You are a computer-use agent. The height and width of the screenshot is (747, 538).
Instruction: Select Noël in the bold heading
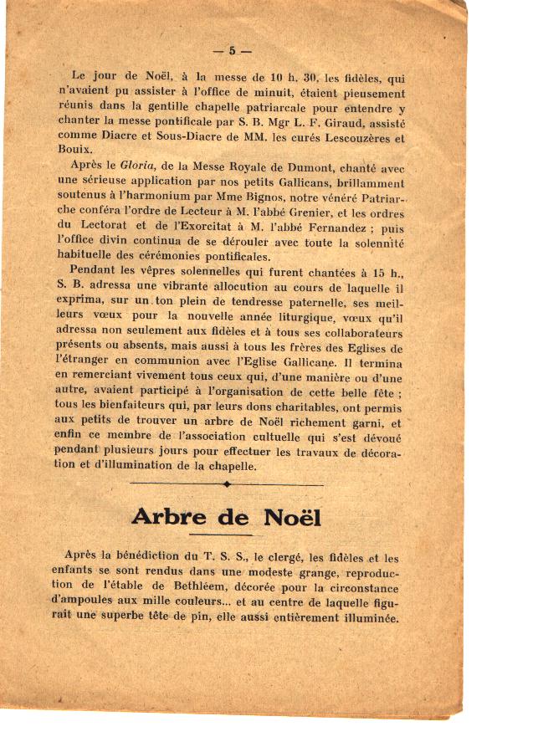tap(292, 516)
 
